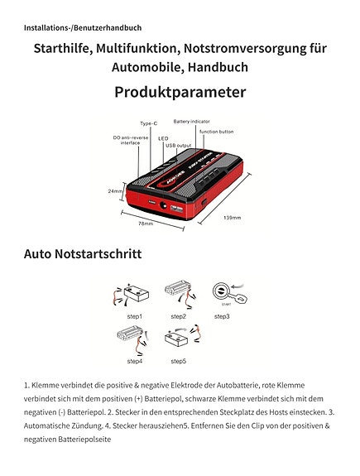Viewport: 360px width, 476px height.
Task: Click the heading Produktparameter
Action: tap(180, 92)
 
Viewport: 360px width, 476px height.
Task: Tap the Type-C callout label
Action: tap(150, 123)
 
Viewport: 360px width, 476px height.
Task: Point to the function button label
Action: tap(216, 132)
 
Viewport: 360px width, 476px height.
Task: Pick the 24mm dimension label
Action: tap(116, 190)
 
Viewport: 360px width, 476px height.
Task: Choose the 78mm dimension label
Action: tap(146, 224)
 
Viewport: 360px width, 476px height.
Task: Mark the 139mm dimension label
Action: tap(232, 218)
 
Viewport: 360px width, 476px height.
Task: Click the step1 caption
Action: tap(134, 316)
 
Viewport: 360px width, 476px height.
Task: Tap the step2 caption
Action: tap(178, 316)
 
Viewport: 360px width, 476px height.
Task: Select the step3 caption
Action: tap(222, 316)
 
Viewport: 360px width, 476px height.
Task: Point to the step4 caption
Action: tap(134, 361)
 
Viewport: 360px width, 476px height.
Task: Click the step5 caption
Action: tap(178, 361)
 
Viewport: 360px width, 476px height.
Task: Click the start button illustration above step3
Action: tap(221, 292)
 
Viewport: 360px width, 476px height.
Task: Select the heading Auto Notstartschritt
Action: tap(83, 253)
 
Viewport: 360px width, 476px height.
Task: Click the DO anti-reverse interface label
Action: tap(131, 141)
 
